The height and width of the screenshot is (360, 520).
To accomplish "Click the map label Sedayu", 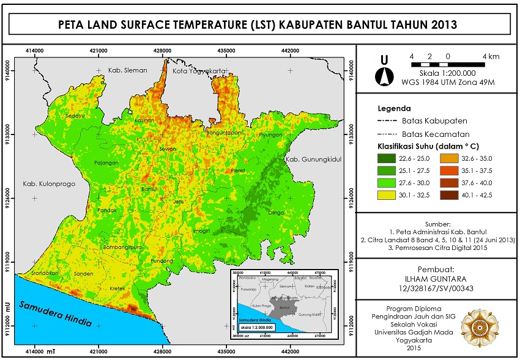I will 75,116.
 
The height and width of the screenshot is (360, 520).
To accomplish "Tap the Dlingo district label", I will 276,213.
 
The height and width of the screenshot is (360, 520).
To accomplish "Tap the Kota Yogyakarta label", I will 198,70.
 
